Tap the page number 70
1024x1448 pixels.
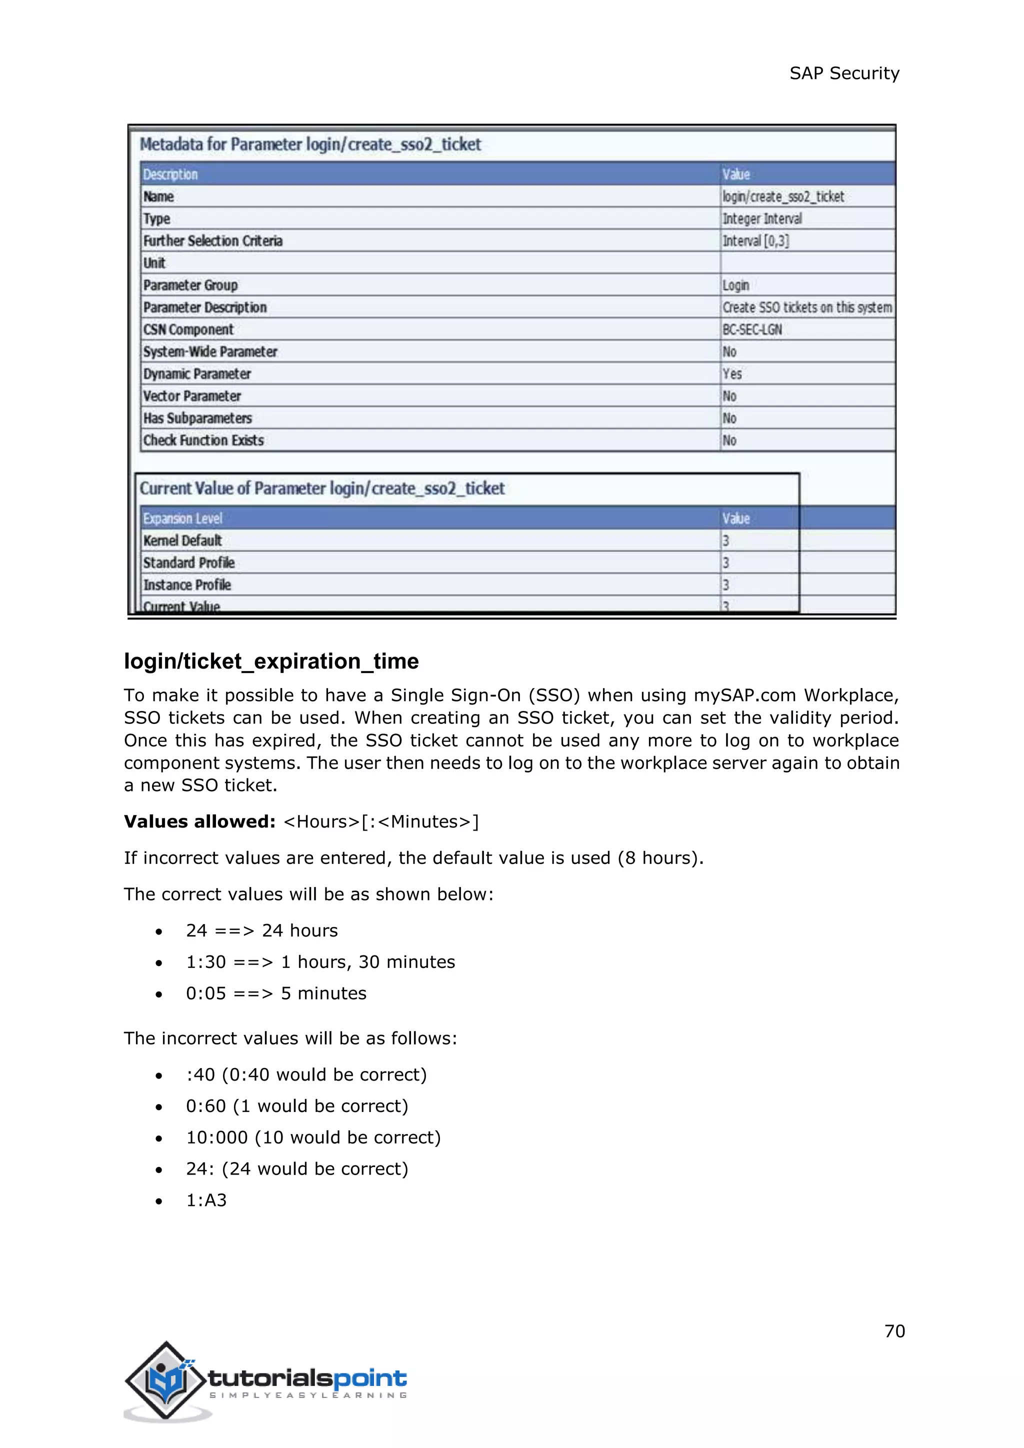pyautogui.click(x=894, y=1330)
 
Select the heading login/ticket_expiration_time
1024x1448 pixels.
pyautogui.click(x=271, y=661)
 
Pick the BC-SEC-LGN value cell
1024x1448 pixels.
pyautogui.click(x=751, y=329)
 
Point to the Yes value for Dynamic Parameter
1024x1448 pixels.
pyautogui.click(x=732, y=373)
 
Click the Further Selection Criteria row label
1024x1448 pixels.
pyautogui.click(x=212, y=240)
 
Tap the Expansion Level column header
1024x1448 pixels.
pyautogui.click(x=183, y=518)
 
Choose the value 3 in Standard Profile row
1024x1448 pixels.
pyautogui.click(x=726, y=562)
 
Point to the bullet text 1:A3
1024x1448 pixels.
pyautogui.click(x=206, y=1199)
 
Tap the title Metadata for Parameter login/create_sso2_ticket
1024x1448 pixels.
pyautogui.click(x=309, y=144)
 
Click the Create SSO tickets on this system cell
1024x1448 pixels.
pyautogui.click(x=806, y=307)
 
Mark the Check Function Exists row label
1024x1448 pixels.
pyautogui.click(x=203, y=440)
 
